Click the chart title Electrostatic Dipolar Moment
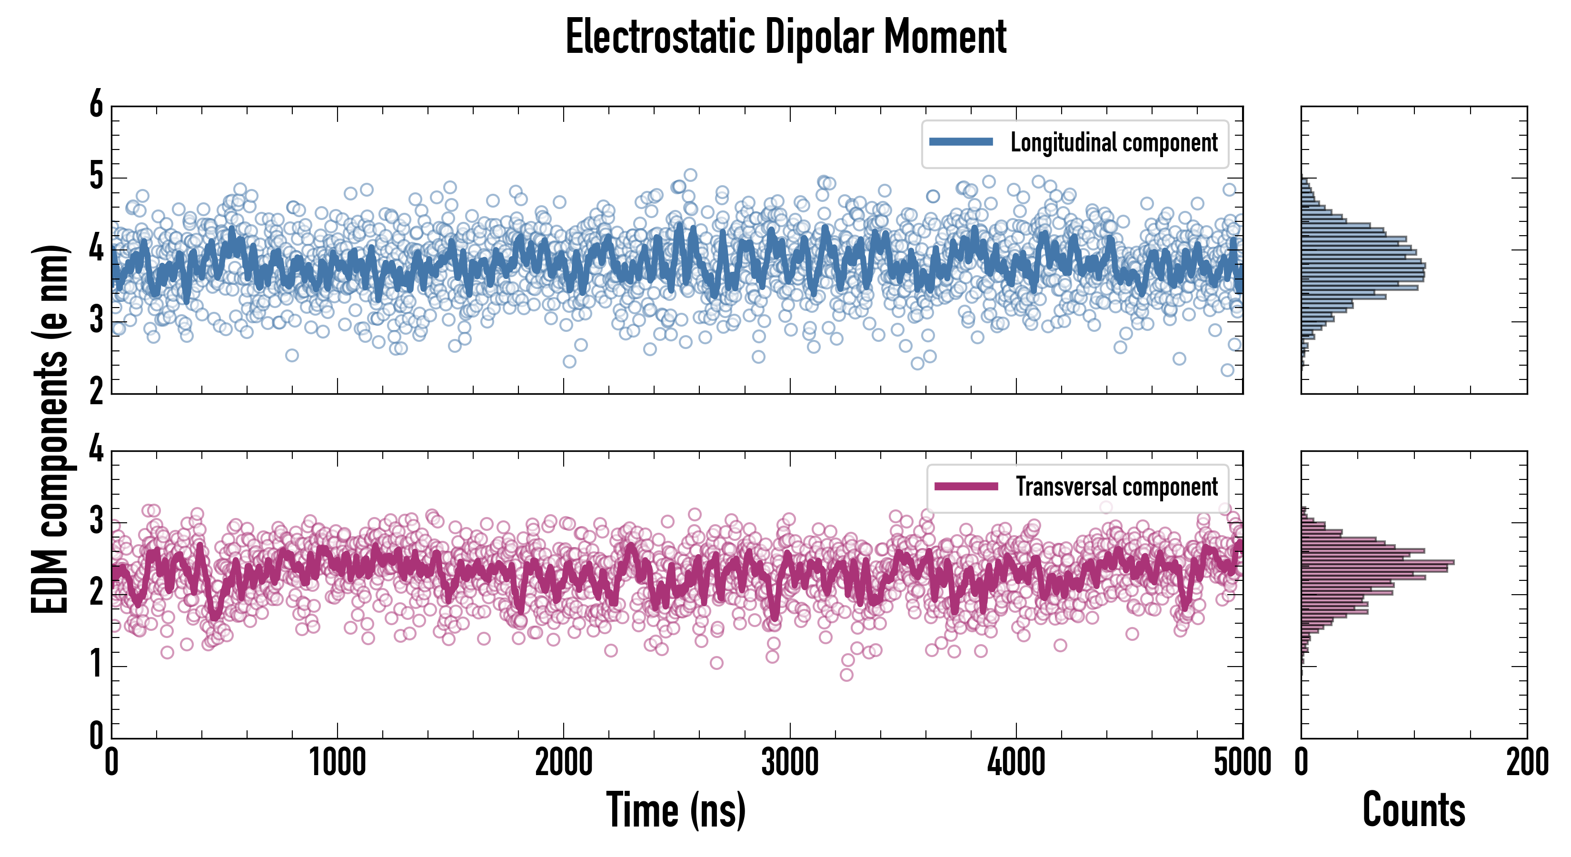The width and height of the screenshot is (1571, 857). [x=785, y=38]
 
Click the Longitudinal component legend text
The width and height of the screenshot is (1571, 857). [x=1114, y=143]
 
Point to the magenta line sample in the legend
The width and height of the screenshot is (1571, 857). [x=966, y=486]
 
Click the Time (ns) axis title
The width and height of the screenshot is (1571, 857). [x=676, y=810]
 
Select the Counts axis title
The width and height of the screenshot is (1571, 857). [x=1413, y=810]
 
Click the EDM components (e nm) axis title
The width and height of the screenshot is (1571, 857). [x=50, y=429]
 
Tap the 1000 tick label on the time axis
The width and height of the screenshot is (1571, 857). [x=337, y=762]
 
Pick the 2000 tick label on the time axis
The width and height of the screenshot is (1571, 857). [x=564, y=762]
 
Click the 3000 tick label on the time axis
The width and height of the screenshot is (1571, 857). [x=790, y=762]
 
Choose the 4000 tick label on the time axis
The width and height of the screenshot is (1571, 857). [x=1016, y=762]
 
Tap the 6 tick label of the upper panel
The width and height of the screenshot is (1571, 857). [x=96, y=104]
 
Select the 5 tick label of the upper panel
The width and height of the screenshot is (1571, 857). [x=96, y=177]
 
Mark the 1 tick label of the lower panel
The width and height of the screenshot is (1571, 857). [x=96, y=665]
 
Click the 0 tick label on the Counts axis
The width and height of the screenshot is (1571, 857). [x=1302, y=762]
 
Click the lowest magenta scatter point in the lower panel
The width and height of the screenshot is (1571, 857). [x=846, y=675]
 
